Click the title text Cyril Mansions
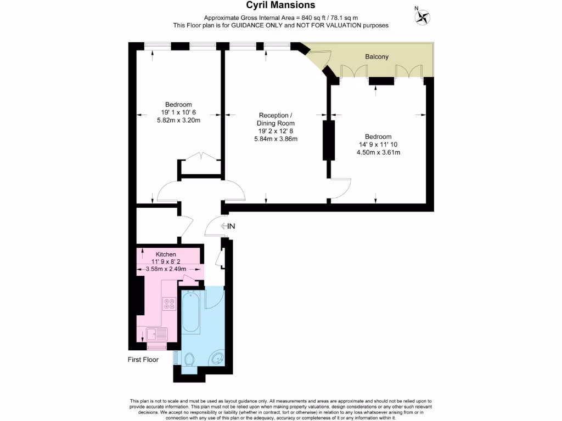280,5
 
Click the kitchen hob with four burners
169,303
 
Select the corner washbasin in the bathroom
216,360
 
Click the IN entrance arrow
227,226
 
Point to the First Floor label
142,360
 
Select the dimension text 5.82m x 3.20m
178,120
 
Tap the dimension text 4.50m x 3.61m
378,152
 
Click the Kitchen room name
166,254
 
